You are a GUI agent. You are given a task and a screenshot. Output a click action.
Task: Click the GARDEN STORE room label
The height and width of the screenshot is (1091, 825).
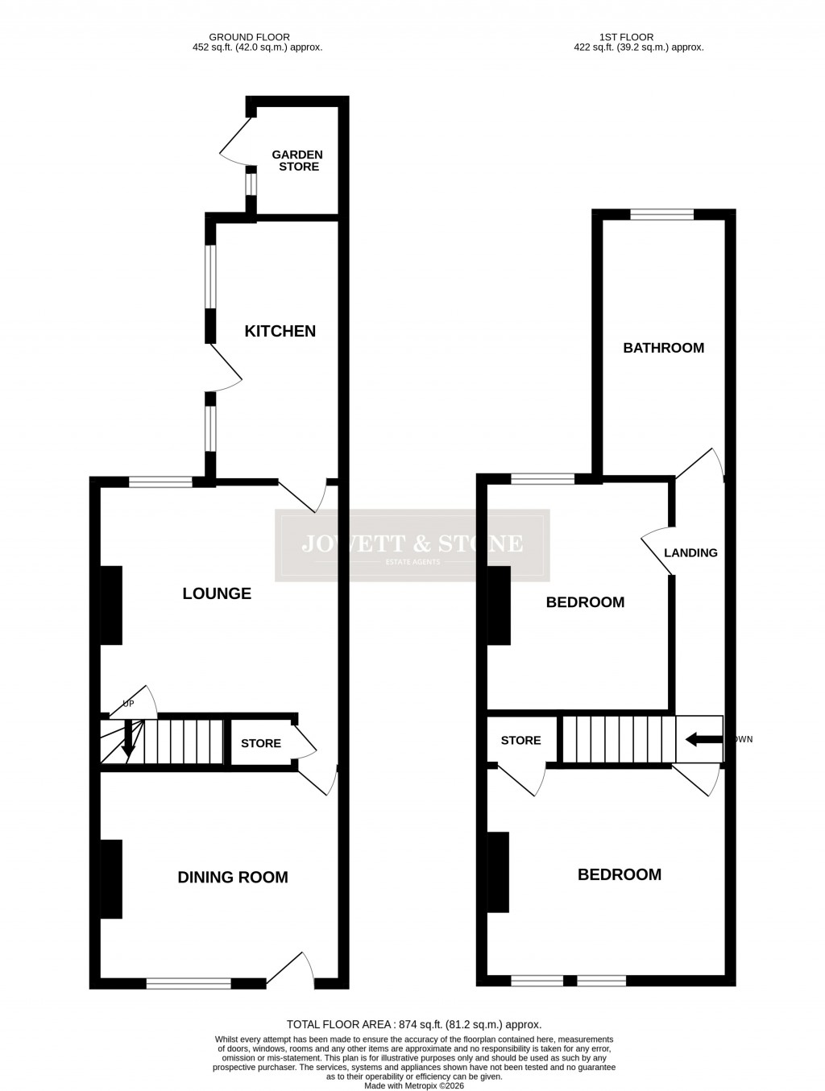[297, 160]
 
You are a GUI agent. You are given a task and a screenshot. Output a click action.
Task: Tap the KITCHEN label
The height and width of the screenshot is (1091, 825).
[280, 331]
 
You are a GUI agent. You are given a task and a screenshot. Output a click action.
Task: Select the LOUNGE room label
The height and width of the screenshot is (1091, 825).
[217, 593]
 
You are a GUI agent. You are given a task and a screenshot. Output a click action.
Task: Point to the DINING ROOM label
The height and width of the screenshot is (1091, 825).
[233, 878]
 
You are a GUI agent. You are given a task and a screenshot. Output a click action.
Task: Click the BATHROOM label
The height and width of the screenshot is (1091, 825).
[663, 348]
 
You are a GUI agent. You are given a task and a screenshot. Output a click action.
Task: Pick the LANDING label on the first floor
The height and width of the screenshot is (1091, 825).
[690, 553]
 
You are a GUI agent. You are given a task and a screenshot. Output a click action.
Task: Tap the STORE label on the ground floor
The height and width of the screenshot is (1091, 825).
[261, 743]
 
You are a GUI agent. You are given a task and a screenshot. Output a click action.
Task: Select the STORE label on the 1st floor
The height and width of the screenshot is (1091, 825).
[520, 740]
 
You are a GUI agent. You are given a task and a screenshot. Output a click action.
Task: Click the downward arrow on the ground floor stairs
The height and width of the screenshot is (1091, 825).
[127, 740]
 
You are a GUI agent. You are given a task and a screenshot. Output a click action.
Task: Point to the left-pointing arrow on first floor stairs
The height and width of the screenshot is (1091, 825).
[703, 739]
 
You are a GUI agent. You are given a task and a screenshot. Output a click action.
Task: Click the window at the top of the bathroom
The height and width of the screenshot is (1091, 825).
[661, 214]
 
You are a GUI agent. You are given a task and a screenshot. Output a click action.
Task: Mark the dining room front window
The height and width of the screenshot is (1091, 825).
[189, 982]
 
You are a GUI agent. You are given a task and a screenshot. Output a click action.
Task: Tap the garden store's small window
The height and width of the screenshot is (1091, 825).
[251, 184]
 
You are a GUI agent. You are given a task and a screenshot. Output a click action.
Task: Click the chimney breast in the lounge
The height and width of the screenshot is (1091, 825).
[111, 605]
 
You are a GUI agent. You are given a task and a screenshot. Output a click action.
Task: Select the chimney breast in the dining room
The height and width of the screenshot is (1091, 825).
[111, 878]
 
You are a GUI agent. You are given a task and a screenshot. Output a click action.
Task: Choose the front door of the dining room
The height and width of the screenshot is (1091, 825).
[290, 970]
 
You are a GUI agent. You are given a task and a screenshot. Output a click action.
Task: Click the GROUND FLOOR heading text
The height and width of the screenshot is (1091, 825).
[249, 37]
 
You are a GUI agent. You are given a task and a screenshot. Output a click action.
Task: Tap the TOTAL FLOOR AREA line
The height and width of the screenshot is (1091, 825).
[414, 1025]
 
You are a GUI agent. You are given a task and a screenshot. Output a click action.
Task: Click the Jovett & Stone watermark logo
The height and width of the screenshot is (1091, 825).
[412, 545]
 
